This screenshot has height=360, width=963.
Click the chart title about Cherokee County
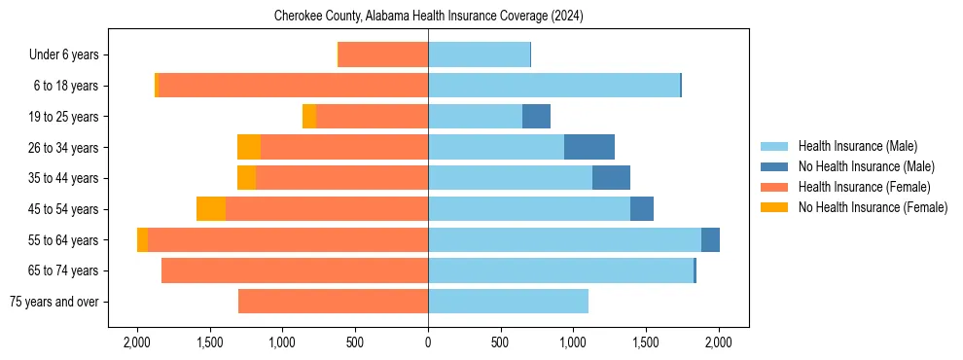click(428, 17)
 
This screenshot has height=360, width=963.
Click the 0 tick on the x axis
click(428, 342)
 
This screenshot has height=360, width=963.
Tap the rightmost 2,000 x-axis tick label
click(719, 342)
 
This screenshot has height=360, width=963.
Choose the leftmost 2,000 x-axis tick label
click(137, 342)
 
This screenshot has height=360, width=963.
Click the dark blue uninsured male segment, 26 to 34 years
click(589, 147)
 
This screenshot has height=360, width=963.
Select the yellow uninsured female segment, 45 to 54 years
click(211, 209)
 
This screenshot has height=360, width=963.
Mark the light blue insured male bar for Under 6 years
click(479, 55)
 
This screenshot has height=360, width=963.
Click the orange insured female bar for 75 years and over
click(333, 302)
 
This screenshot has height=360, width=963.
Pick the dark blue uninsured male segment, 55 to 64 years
click(710, 239)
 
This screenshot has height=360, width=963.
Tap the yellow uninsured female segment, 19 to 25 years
click(309, 117)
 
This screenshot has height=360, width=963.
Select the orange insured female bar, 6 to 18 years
click(292, 86)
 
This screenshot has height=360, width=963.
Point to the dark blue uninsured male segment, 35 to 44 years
click(611, 178)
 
